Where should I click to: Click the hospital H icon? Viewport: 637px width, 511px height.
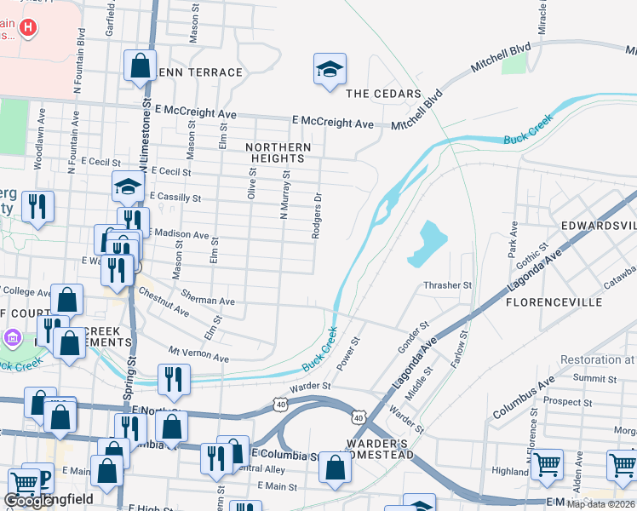30,28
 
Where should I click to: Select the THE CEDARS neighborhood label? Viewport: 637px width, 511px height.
383,94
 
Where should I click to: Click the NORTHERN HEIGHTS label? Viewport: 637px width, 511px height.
278,153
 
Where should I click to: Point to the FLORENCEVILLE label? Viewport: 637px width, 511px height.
554,302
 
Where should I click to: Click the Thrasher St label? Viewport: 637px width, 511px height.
447,285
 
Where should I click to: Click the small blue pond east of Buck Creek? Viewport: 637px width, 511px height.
428,243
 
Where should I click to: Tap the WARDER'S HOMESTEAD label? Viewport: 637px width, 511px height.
380,449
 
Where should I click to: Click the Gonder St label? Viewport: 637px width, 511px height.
413,338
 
